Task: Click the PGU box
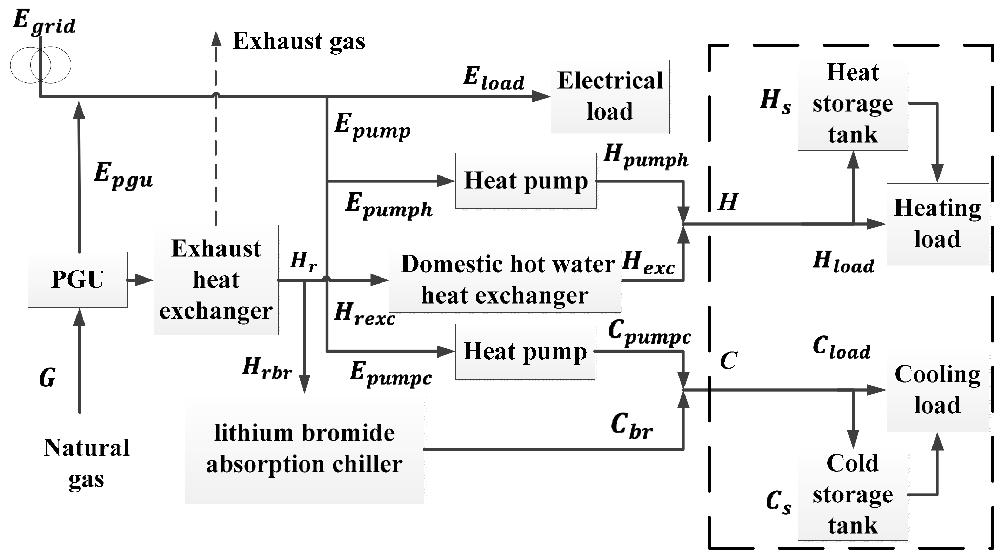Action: tap(78, 280)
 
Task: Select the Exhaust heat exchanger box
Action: tap(216, 280)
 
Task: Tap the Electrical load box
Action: tap(610, 96)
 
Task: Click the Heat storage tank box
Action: tap(853, 104)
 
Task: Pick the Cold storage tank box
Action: tap(853, 495)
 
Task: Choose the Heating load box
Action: tap(937, 224)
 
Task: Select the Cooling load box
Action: tap(937, 390)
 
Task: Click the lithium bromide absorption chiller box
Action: tap(304, 449)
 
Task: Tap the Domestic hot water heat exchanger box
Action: tap(504, 280)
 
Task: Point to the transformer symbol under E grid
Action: tap(40, 65)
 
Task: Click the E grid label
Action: tap(44, 22)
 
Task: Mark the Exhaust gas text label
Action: tap(299, 41)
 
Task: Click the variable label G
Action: tap(47, 378)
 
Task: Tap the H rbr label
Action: tap(267, 368)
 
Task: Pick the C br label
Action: tap(631, 426)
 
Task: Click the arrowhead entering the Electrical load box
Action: tap(540, 96)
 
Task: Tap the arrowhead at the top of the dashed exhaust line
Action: tap(216, 39)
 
